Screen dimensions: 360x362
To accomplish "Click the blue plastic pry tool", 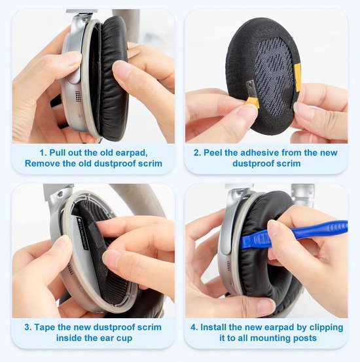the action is (x=293, y=233).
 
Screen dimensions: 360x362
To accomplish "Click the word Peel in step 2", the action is (x=213, y=153).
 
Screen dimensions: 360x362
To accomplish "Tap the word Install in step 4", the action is (x=213, y=327).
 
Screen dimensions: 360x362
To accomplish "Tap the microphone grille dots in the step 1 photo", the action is (x=78, y=94).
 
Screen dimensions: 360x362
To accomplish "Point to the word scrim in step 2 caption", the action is (x=289, y=164).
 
